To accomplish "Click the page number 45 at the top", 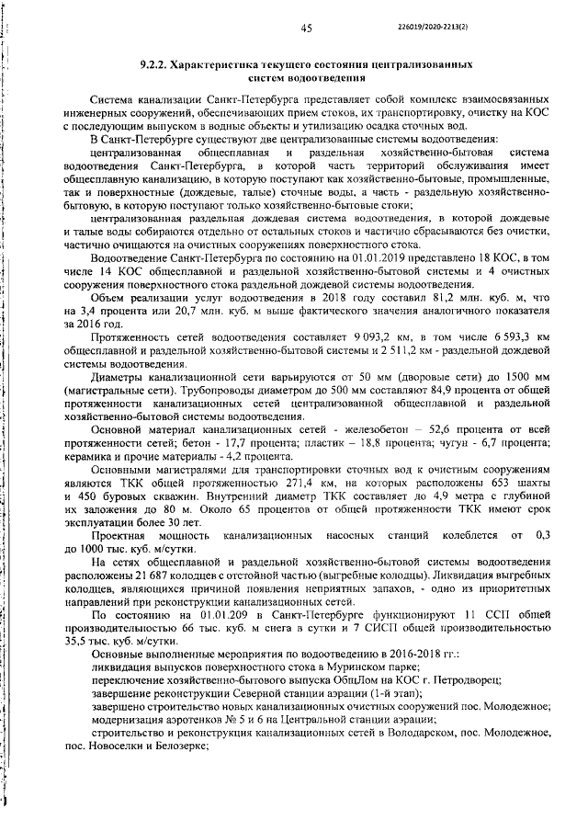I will coord(307,29).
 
